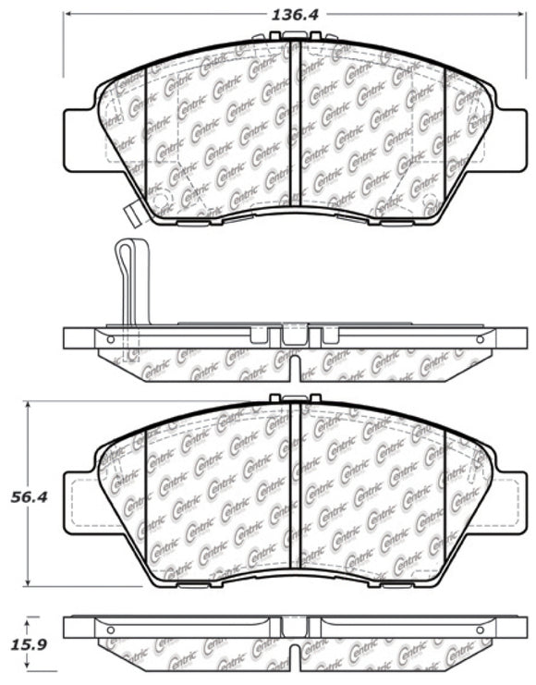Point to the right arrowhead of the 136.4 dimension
tap(519, 14)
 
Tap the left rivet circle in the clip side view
tap(111, 340)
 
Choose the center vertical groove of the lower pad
tap(291, 490)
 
